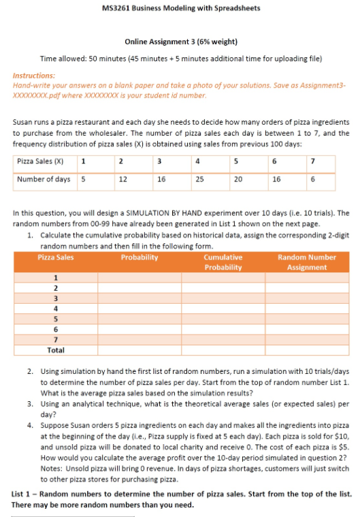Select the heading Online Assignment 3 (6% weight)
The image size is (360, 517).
[180, 42]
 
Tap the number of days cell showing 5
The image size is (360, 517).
[83, 179]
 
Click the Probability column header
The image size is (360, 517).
[139, 257]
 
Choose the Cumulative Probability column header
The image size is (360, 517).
[223, 262]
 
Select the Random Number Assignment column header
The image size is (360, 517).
[306, 262]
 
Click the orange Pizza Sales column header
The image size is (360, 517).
[55, 257]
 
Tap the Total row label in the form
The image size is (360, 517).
[55, 349]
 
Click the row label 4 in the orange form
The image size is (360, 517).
[55, 307]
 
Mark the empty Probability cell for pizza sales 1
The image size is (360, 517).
[139, 277]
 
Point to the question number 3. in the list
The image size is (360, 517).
[31, 404]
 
